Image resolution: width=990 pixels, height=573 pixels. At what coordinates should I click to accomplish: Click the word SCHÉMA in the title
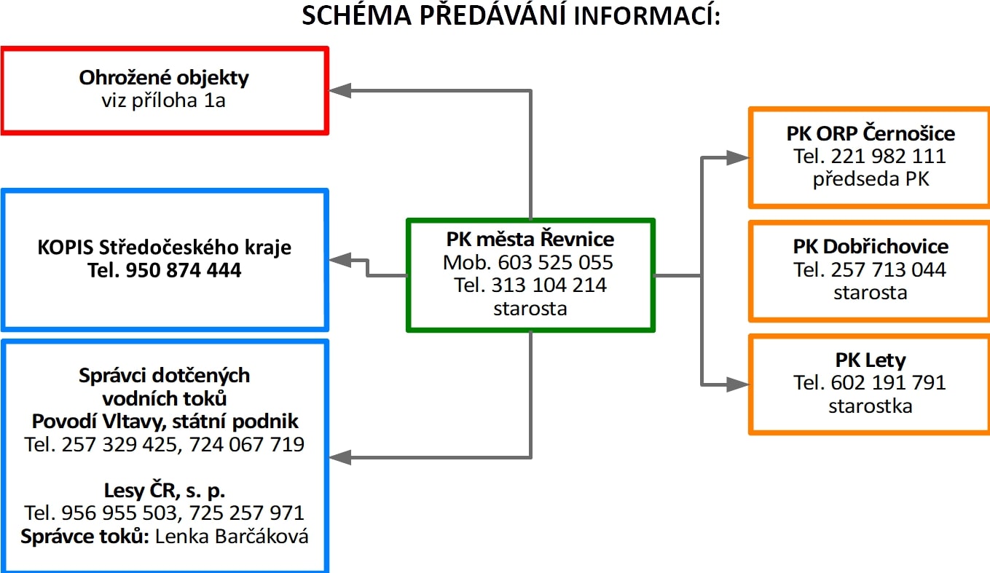(x=357, y=15)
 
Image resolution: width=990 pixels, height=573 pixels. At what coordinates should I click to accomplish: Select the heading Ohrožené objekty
(x=164, y=78)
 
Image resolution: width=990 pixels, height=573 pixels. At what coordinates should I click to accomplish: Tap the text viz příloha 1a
(x=163, y=100)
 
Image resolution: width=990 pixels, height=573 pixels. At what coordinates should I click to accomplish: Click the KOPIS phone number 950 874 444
(x=184, y=270)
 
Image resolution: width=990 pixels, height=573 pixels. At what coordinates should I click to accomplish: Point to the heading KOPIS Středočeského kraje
(x=165, y=248)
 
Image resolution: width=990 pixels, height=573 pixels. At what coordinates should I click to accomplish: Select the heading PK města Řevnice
(x=530, y=240)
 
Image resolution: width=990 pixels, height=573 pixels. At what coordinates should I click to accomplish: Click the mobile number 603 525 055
(x=556, y=262)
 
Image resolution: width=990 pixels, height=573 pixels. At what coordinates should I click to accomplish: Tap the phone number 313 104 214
(x=549, y=285)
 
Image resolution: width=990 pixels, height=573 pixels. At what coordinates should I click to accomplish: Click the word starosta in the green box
(x=530, y=309)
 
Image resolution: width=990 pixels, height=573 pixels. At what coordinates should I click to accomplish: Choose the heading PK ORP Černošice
(x=871, y=133)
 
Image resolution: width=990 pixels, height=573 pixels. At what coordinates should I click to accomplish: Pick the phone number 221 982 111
(x=888, y=157)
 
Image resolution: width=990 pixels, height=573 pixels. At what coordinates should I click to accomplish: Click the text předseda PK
(x=871, y=179)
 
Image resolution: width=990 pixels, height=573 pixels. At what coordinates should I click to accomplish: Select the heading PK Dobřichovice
(x=871, y=247)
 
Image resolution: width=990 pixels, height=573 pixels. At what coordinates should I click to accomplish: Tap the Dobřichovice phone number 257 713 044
(x=888, y=270)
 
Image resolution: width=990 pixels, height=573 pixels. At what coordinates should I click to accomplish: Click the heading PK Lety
(x=871, y=360)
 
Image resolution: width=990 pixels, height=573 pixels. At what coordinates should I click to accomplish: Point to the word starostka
(x=871, y=406)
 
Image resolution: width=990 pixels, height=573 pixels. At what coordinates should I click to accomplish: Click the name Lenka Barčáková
(x=232, y=537)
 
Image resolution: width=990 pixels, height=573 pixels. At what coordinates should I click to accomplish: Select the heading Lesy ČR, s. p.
(x=165, y=491)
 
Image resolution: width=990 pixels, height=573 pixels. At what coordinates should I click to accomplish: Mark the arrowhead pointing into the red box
(x=340, y=90)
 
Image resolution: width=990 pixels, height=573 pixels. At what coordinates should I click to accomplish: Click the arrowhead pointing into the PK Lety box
(x=738, y=384)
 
